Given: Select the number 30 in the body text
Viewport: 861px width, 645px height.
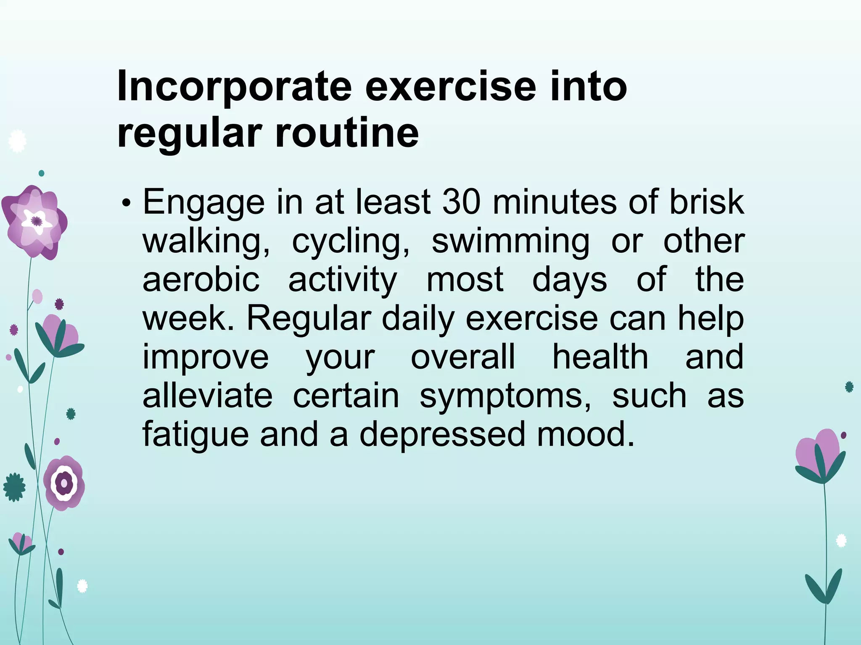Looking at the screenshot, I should (x=461, y=202).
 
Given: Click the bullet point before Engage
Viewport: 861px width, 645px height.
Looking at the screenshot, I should (x=125, y=204).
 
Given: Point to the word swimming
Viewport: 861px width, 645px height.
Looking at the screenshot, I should (x=510, y=242).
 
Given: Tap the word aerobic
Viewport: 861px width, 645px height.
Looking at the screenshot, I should (x=201, y=280).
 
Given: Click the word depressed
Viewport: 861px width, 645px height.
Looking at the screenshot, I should (x=442, y=434).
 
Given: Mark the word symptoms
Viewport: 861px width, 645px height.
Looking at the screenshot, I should (x=505, y=396).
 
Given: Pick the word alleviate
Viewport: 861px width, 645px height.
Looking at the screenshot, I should (x=207, y=396).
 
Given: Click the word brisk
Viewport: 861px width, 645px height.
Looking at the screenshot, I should (x=706, y=202).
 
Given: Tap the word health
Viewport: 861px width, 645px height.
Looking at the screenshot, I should (x=600, y=357).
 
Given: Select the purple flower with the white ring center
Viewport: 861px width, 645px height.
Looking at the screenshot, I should (x=64, y=483).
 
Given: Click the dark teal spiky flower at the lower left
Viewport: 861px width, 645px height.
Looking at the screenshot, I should (x=14, y=487).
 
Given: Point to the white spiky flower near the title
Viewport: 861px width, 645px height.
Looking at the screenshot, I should (x=17, y=142).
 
